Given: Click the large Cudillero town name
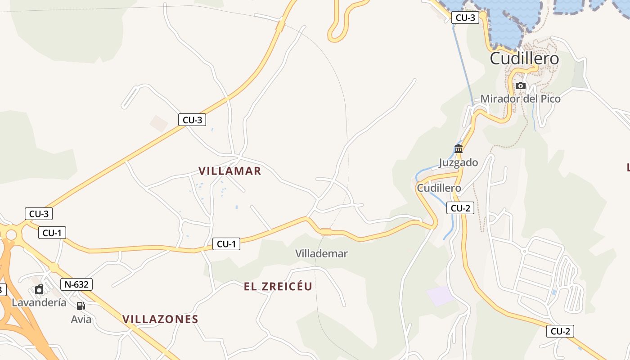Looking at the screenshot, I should (x=524, y=58).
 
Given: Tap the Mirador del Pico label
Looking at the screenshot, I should (x=520, y=99).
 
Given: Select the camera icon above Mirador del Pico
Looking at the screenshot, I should (x=521, y=85).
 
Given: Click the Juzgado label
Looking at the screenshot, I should (x=458, y=162).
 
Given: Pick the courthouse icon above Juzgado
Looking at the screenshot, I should (x=459, y=149).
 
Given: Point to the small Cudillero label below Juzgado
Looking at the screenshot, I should (x=439, y=188).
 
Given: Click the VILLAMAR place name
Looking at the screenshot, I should (x=230, y=171).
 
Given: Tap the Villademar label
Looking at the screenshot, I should (x=321, y=254).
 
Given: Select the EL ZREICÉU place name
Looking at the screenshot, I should (x=278, y=287).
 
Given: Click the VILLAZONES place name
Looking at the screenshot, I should (x=160, y=319).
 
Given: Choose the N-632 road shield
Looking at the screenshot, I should (x=76, y=284).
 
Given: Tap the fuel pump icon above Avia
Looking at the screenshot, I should (x=81, y=306).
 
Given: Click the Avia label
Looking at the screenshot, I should (x=81, y=319).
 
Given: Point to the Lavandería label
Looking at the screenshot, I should (x=39, y=302).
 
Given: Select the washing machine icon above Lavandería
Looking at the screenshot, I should (x=39, y=289).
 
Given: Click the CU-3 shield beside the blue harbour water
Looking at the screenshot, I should (x=465, y=18).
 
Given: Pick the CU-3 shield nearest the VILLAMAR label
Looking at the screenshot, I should (x=192, y=120).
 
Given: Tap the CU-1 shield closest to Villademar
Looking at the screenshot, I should (x=226, y=244).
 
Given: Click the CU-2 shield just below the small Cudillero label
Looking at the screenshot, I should (x=460, y=208).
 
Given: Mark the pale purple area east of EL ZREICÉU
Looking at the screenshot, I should (x=441, y=296).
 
